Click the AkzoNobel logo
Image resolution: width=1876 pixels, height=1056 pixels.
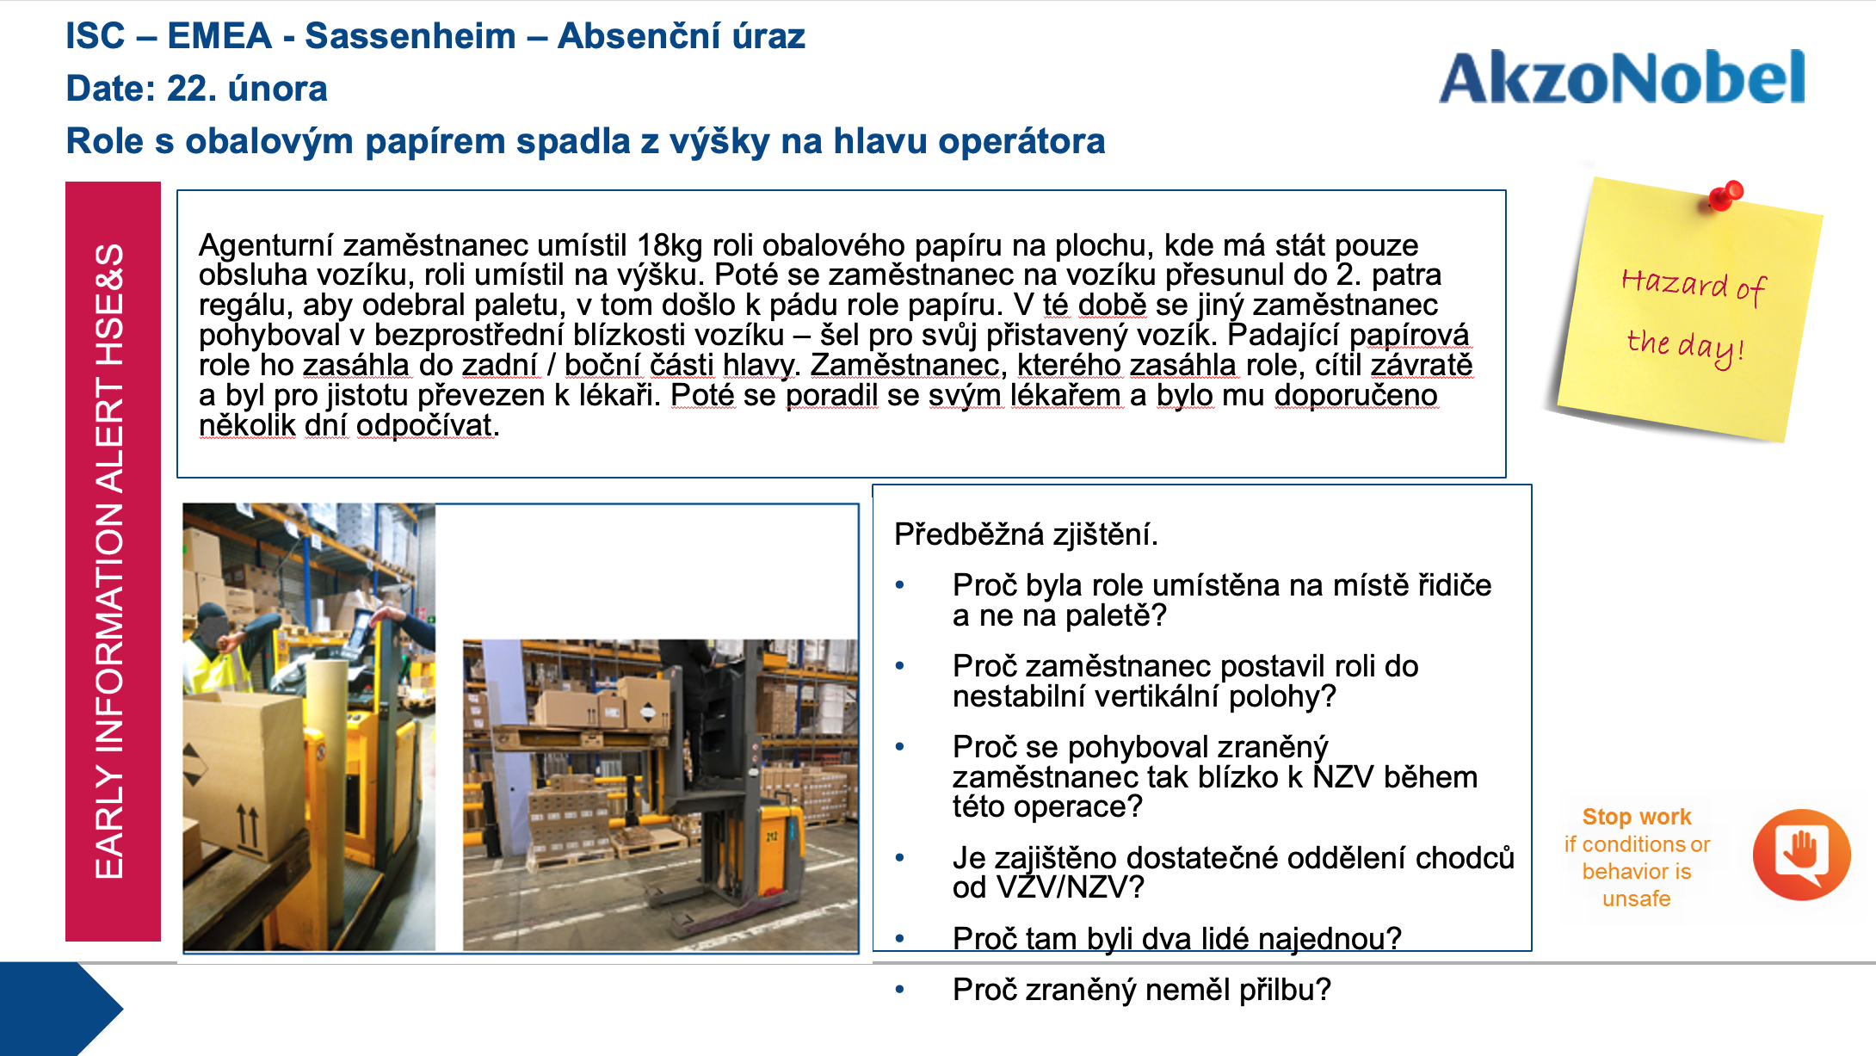pos(1622,77)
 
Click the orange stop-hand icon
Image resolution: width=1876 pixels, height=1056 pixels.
pos(1801,855)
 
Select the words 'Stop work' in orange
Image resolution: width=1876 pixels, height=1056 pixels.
pos(1636,816)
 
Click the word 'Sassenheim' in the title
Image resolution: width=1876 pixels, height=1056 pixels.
pos(410,36)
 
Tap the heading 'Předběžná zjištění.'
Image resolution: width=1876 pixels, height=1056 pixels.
pos(1026,534)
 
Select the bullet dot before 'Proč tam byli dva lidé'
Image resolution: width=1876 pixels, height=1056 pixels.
pos(900,938)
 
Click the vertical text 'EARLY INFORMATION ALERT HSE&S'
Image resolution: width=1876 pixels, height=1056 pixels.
pos(110,561)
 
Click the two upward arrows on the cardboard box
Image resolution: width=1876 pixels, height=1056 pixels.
pos(248,826)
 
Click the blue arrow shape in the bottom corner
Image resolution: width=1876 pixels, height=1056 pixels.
pos(60,1009)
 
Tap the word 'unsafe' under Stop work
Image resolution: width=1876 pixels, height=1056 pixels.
pos(1636,899)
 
